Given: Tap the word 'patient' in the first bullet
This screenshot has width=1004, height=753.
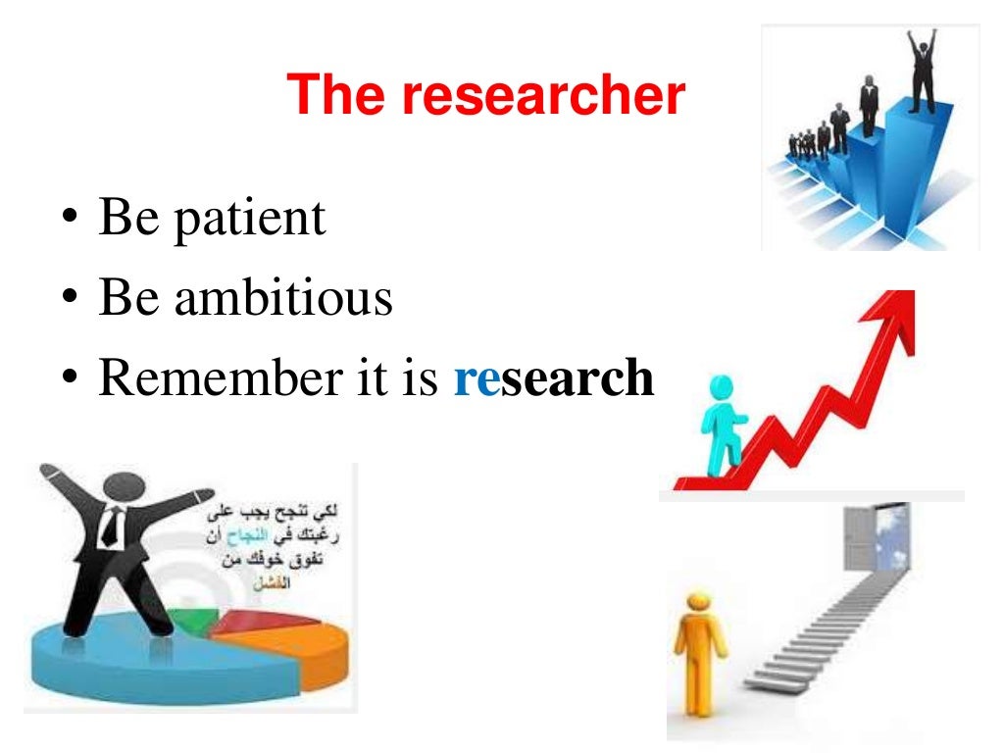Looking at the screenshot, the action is tap(250, 218).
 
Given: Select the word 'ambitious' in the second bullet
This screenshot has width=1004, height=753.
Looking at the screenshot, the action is tap(284, 297).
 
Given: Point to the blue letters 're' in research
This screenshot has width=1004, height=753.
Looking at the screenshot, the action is tap(477, 378).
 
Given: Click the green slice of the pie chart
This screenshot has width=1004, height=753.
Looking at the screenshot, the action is tap(201, 620).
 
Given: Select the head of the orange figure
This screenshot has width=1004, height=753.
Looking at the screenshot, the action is tap(697, 601).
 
